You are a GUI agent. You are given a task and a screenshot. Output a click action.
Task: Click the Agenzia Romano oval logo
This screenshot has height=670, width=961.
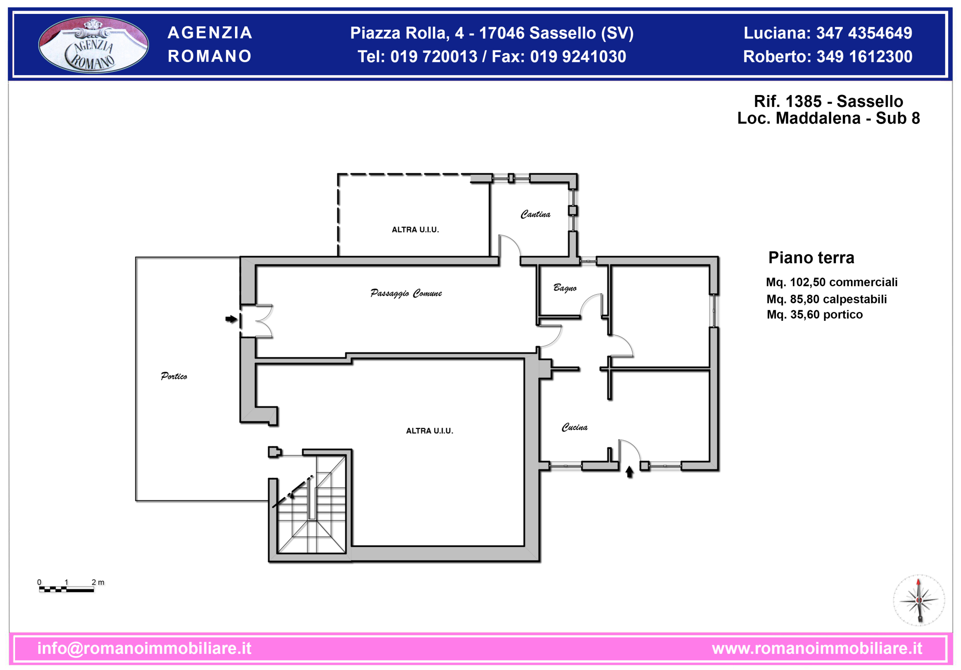pos(93,45)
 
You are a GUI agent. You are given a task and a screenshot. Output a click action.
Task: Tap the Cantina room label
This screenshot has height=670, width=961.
pos(535,214)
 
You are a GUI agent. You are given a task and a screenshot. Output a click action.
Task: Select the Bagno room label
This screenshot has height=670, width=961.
pos(565,288)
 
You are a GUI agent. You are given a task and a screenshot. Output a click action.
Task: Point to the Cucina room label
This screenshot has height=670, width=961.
pos(574,427)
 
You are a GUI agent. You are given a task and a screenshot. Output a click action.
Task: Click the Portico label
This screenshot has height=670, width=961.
pos(174,376)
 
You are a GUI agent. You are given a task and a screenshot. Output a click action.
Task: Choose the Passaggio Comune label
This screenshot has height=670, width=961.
pos(406,293)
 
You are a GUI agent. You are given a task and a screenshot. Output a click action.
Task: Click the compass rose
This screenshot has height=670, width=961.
pos(919,600)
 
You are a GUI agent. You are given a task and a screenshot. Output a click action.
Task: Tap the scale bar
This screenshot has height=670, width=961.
pos(66,589)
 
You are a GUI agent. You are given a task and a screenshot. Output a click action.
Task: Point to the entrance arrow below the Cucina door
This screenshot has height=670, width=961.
pos(629,472)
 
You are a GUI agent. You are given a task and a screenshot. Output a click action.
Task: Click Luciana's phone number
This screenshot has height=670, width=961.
pos(864,33)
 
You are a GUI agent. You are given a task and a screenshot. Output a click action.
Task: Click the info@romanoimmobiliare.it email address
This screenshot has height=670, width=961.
pos(145,648)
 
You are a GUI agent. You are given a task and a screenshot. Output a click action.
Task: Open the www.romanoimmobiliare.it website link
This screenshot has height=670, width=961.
pos(816,648)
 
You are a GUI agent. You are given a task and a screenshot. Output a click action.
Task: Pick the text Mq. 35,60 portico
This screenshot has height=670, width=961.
pos(815,314)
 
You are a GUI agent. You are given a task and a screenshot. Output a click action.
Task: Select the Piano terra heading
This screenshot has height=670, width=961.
pos(811,258)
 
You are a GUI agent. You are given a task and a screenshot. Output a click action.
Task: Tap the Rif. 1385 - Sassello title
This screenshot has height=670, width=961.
pos(828,101)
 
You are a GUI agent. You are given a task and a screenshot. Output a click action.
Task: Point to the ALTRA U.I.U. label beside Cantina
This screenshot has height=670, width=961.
pos(415,229)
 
